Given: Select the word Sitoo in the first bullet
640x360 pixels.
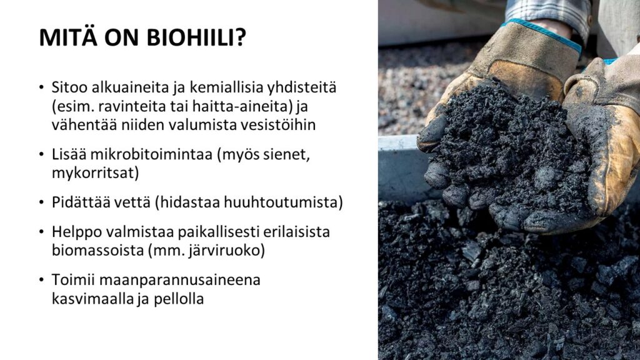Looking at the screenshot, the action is [69, 87].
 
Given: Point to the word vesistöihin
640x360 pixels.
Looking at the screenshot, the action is [278, 125].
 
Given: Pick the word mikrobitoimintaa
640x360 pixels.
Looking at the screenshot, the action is [151, 154].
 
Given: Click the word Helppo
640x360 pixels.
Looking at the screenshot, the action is [77, 232].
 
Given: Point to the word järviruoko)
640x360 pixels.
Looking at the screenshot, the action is [226, 250].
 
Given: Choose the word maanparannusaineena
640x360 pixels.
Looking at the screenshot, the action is [179, 280].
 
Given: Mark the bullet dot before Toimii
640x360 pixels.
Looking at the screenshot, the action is [41, 280].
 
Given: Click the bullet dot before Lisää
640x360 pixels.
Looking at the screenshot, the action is [41, 154].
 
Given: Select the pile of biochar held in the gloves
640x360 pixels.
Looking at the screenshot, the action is [510, 151].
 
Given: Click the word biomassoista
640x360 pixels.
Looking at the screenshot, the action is [97, 250].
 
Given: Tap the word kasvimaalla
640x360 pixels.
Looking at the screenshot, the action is [92, 299].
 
